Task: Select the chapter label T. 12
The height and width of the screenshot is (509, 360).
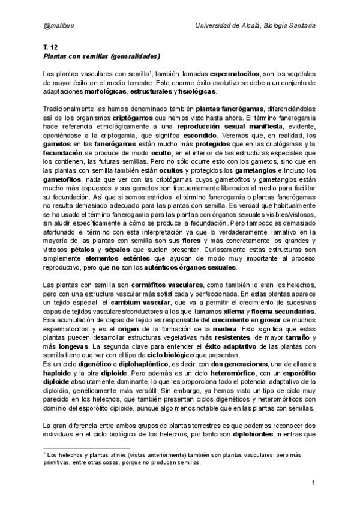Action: (50, 46)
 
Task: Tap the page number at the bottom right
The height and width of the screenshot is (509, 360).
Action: (314, 484)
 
